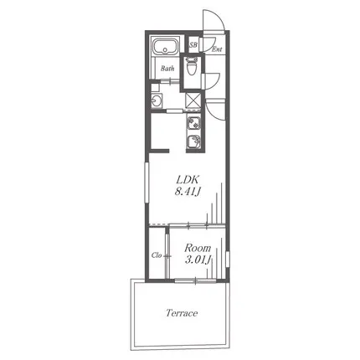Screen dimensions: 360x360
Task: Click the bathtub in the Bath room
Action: pyautogui.click(x=165, y=47)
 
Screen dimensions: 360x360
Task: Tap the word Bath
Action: pyautogui.click(x=167, y=69)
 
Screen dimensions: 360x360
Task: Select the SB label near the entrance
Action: pyautogui.click(x=193, y=44)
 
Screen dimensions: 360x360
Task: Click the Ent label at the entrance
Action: pyautogui.click(x=217, y=49)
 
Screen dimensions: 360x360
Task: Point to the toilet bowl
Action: pyautogui.click(x=192, y=66)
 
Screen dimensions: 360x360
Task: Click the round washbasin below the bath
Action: pyautogui.click(x=157, y=100)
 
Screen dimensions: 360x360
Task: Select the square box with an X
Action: pyautogui.click(x=193, y=100)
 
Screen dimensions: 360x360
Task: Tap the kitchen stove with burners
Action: pyautogui.click(x=193, y=123)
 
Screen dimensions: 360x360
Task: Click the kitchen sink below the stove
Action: pyautogui.click(x=193, y=141)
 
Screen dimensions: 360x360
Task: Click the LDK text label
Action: pyautogui.click(x=188, y=179)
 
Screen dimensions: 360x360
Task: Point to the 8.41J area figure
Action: pyautogui.click(x=188, y=192)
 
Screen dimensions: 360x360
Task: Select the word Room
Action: pyautogui.click(x=198, y=248)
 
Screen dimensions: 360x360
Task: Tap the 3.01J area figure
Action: pyautogui.click(x=198, y=260)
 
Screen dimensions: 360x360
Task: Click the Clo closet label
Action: pyautogui.click(x=157, y=255)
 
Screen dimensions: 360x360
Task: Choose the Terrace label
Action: pyautogui.click(x=182, y=313)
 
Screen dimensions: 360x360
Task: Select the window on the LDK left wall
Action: pyautogui.click(x=147, y=183)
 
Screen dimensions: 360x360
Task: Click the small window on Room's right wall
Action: pyautogui.click(x=228, y=260)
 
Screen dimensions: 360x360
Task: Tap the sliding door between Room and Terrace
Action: pyautogui.click(x=196, y=280)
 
